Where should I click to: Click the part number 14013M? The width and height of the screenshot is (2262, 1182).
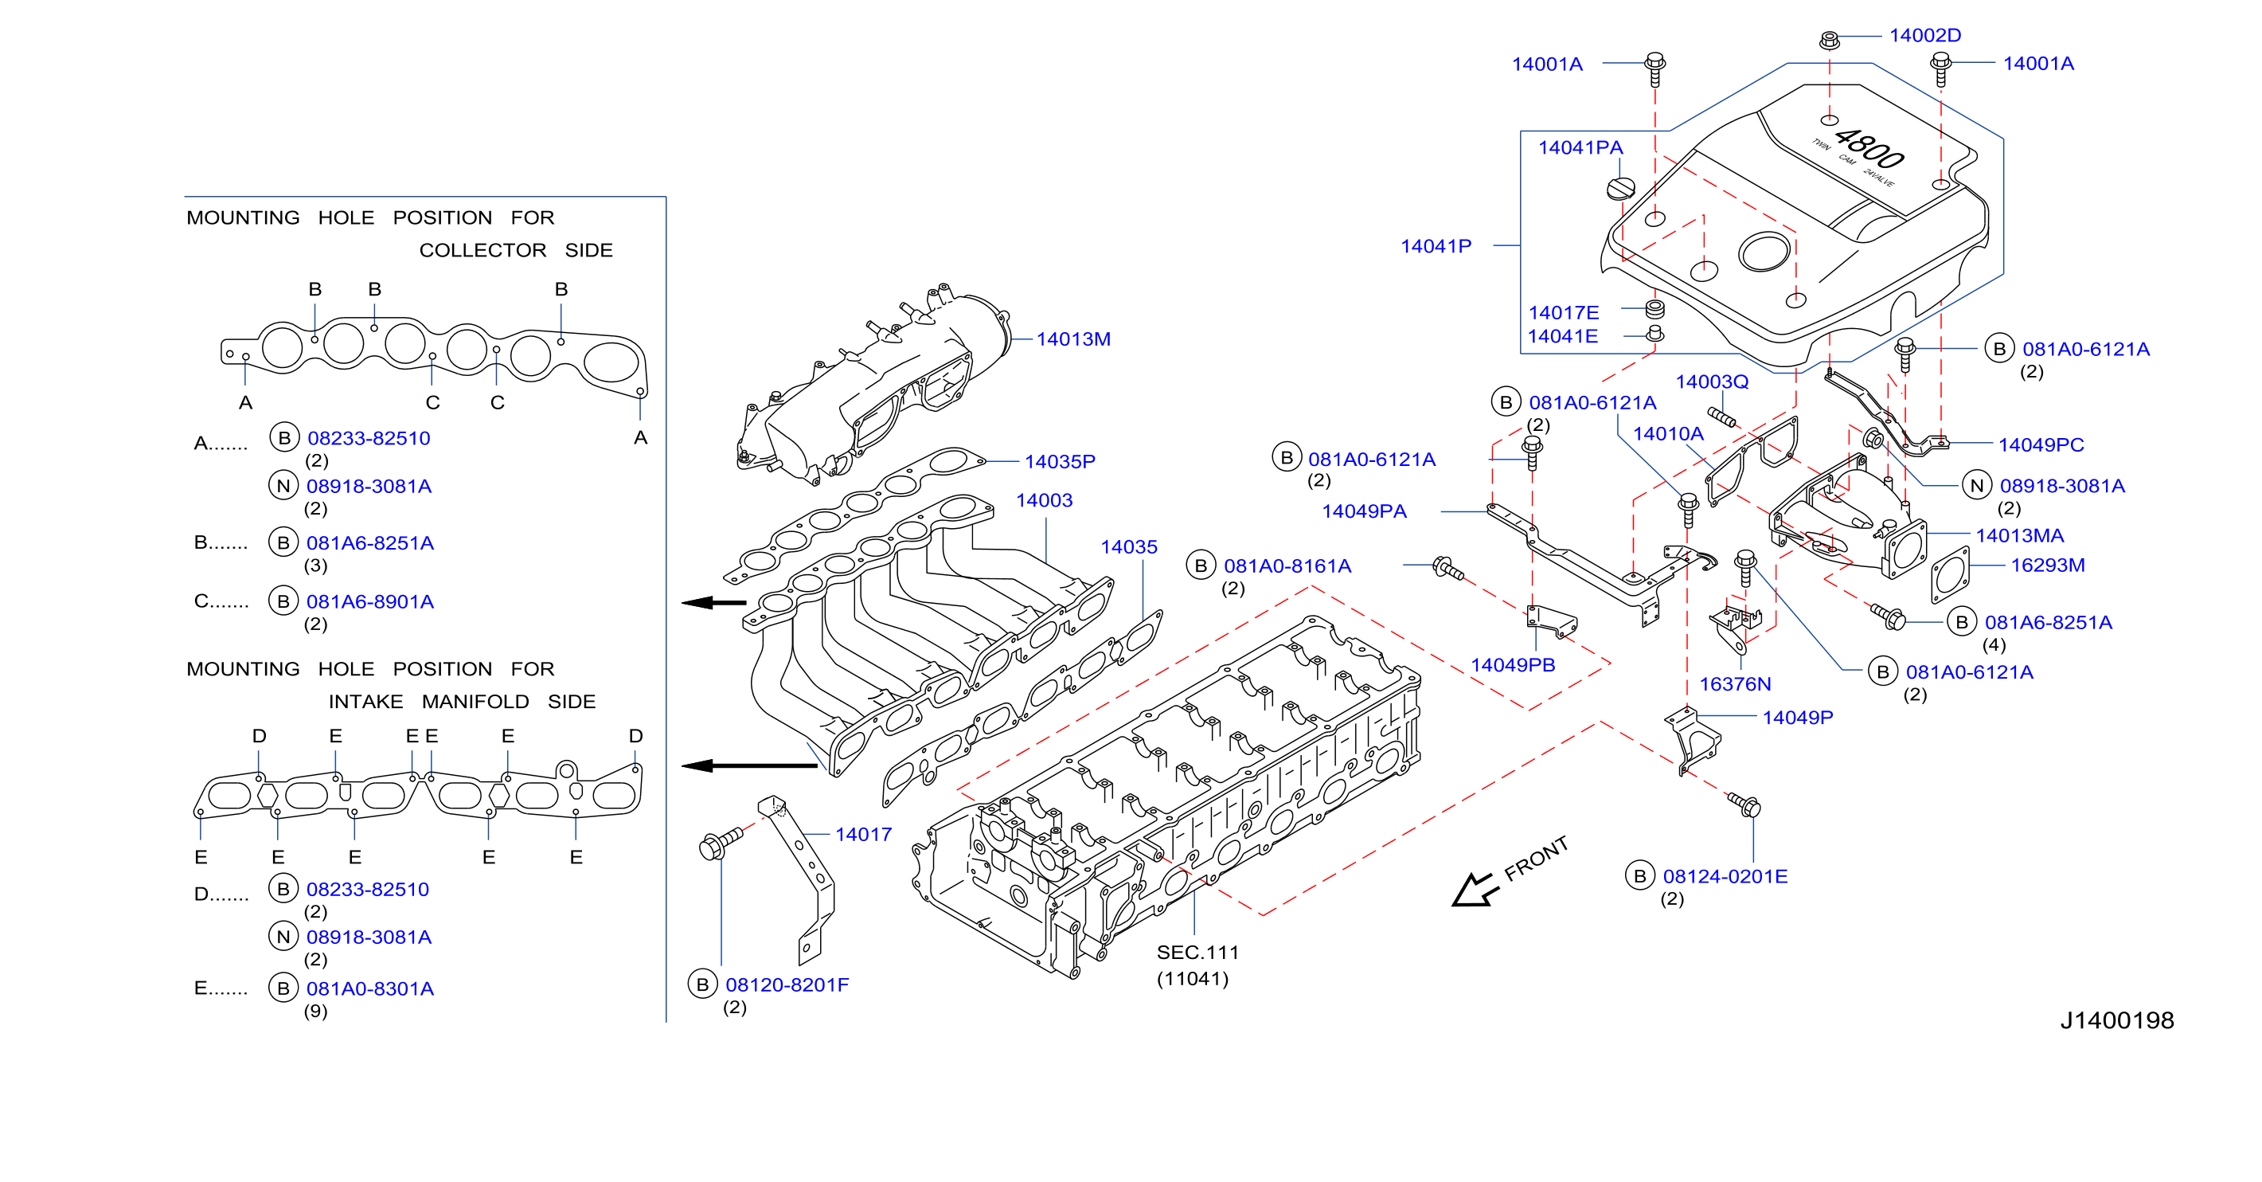click(1073, 339)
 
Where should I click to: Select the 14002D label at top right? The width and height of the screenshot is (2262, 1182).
click(1924, 35)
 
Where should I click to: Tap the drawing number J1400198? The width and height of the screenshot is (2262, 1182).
click(2117, 1020)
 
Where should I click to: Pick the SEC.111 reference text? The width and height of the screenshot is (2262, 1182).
click(1197, 952)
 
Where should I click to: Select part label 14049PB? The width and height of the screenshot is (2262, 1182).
click(1512, 665)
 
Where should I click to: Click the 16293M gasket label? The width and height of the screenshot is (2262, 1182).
click(2048, 565)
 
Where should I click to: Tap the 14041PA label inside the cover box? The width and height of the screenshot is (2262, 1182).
click(1580, 147)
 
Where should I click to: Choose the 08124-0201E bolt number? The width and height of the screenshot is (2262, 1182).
click(1725, 875)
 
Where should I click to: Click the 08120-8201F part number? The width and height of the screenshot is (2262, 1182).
click(787, 984)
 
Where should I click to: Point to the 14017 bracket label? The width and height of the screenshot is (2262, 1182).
click(863, 834)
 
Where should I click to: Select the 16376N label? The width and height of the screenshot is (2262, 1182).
click(1734, 684)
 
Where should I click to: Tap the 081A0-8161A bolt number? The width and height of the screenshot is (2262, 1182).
click(1287, 566)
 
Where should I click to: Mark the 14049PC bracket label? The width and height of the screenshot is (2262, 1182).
click(2041, 444)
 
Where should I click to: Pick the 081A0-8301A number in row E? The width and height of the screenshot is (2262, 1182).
click(369, 988)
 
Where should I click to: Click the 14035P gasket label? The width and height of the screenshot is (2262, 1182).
click(1059, 461)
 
